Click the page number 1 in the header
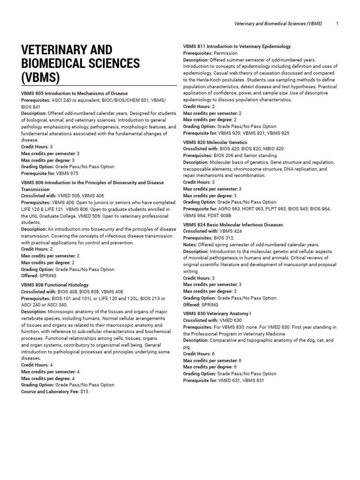[337, 23]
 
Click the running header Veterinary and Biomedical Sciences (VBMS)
[272, 23]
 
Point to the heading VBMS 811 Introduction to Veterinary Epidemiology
[237, 46]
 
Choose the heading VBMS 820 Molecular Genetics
[215, 142]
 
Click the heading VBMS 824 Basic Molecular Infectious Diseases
[233, 225]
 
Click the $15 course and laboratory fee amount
[84, 391]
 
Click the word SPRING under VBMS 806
[48, 276]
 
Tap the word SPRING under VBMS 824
[210, 305]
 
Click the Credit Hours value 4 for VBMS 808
[51, 365]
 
